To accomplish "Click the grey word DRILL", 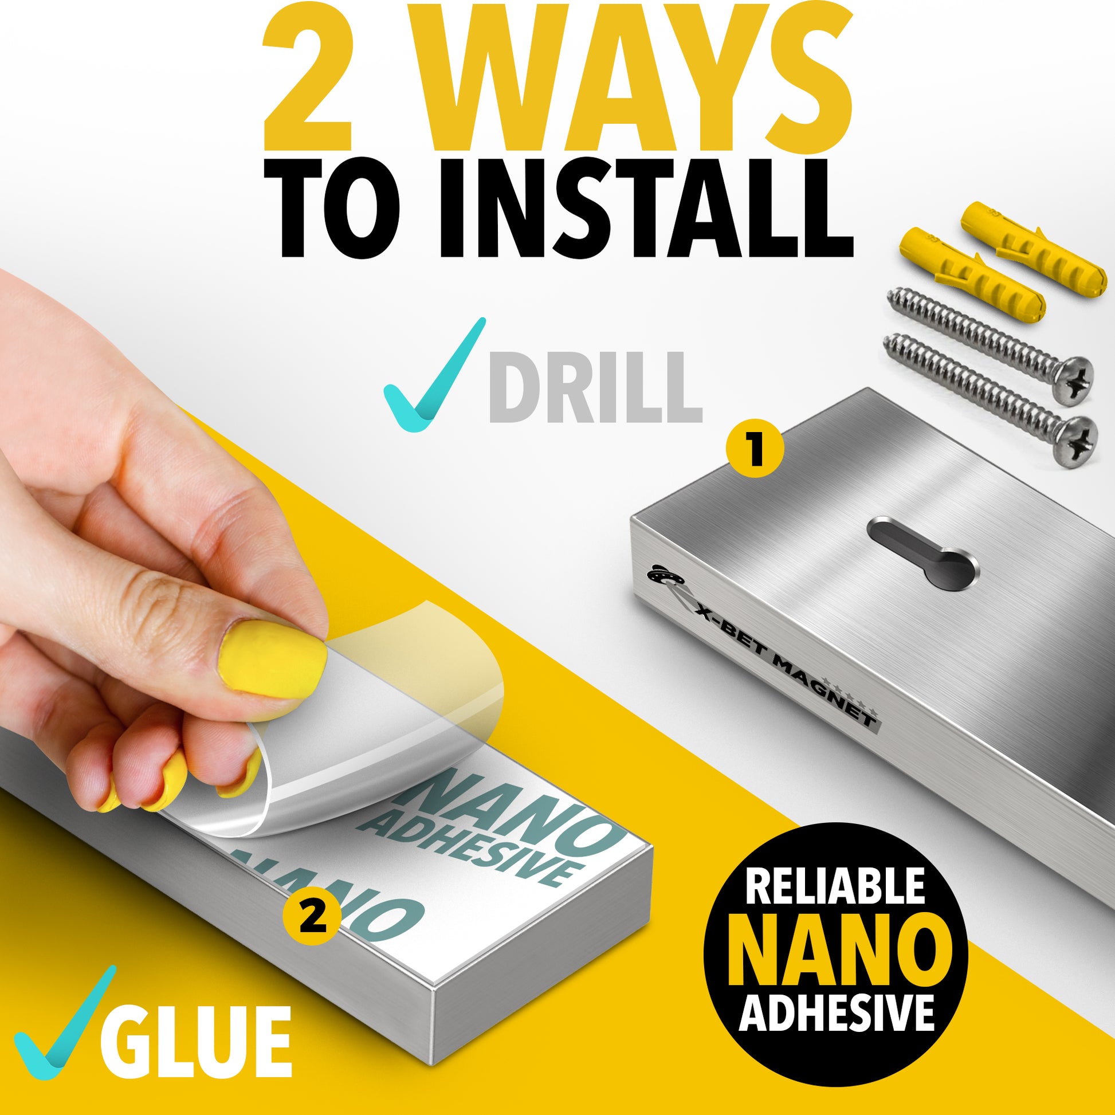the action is [595, 387].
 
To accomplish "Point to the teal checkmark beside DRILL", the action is [434, 372].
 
